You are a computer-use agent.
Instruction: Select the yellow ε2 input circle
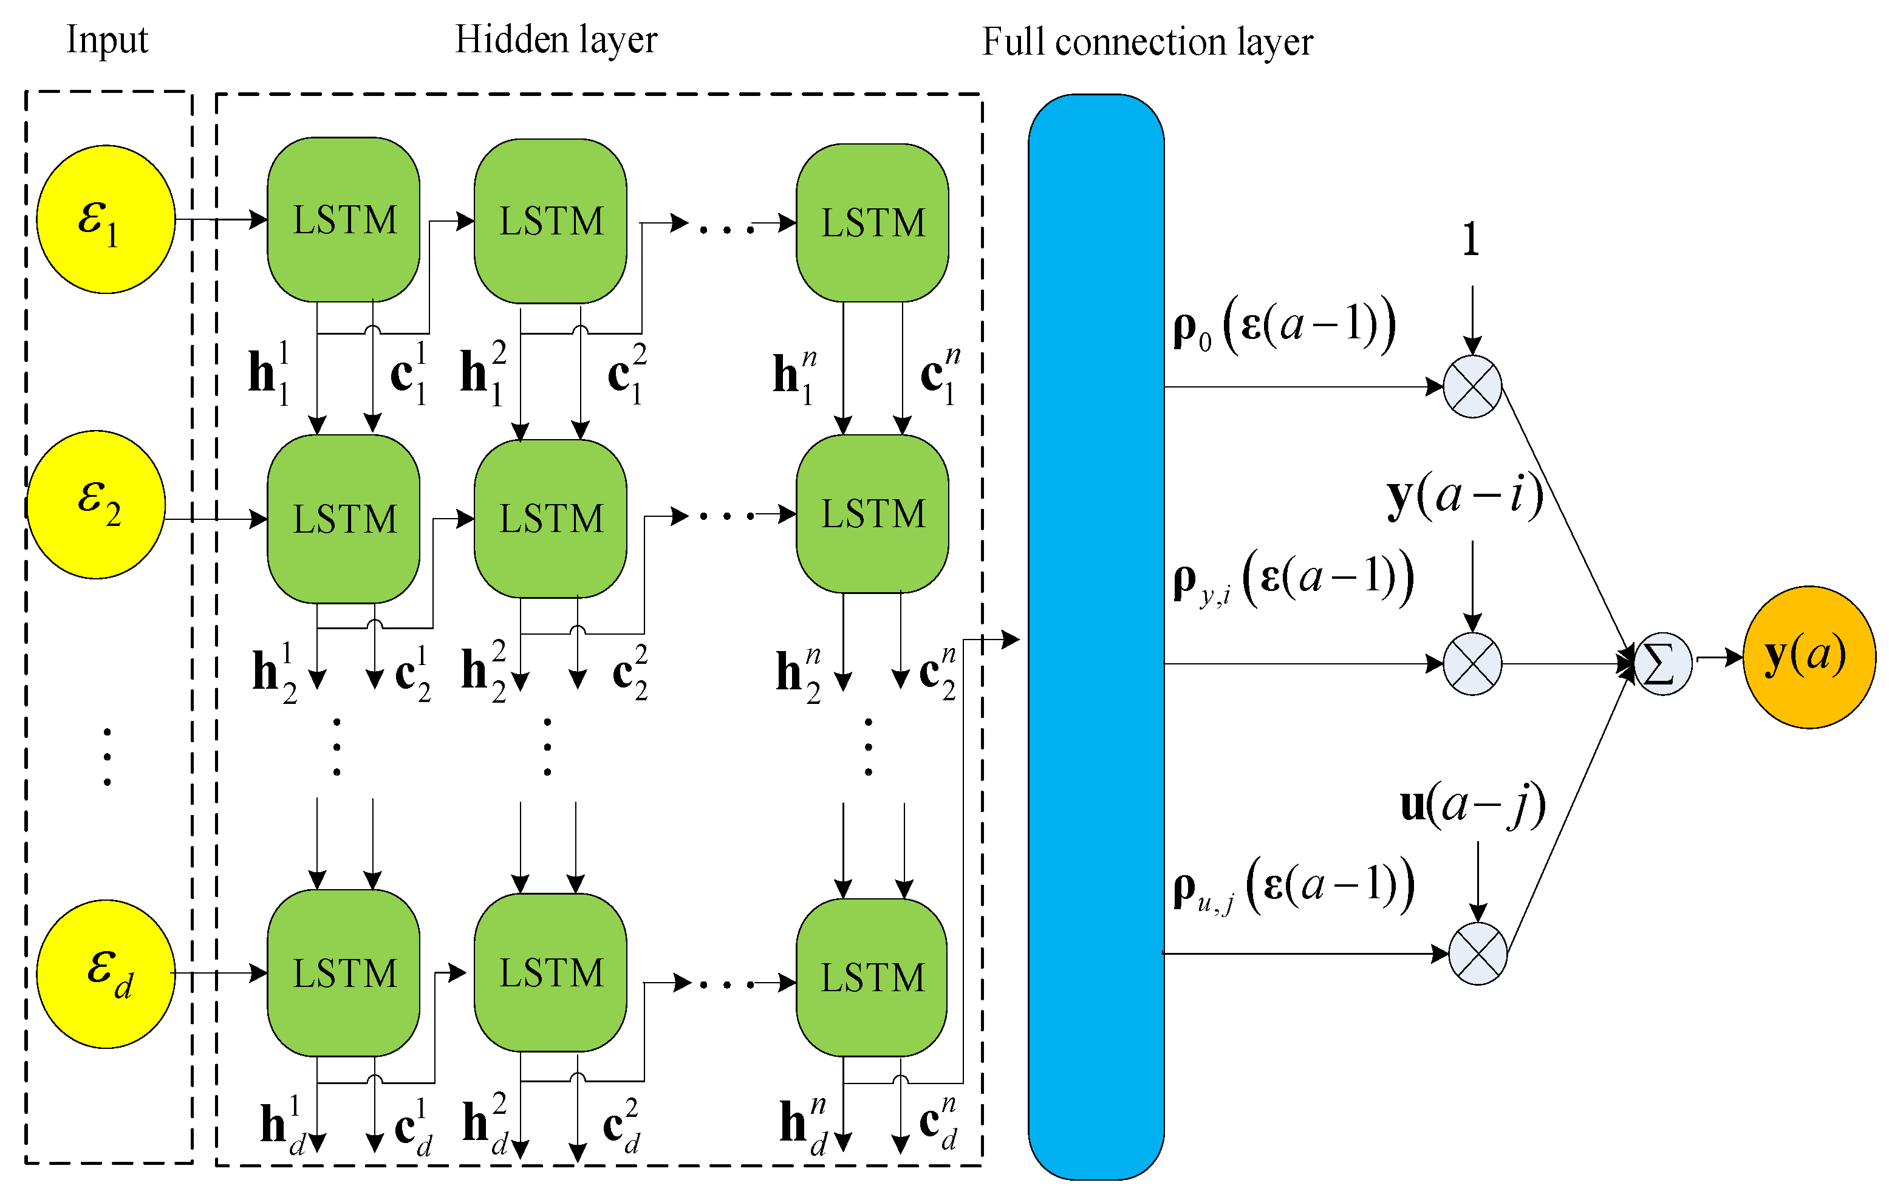97,505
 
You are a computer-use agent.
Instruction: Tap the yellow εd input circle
106,973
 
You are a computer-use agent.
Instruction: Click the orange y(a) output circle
1808,657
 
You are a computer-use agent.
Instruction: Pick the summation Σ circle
1662,664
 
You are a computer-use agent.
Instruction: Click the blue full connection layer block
1096,635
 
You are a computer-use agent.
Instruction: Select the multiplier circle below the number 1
1472,386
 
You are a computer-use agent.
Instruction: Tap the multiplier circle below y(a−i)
1472,664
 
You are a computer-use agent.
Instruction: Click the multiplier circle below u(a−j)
1477,954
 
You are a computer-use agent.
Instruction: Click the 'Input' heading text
107,39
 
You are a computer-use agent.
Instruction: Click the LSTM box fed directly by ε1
344,220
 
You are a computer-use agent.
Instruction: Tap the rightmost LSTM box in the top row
872,223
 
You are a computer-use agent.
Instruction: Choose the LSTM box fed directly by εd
344,973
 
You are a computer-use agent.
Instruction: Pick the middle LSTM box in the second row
551,519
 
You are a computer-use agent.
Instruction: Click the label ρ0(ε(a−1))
1284,324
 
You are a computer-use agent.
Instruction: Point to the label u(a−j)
1472,804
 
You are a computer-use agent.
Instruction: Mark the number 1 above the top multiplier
1471,239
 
